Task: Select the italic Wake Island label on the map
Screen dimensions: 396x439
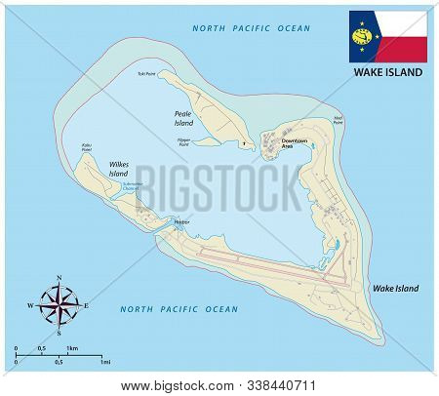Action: (396, 290)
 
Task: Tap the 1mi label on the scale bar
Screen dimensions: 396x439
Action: (103, 362)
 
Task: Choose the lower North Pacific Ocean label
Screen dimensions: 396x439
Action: (179, 309)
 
